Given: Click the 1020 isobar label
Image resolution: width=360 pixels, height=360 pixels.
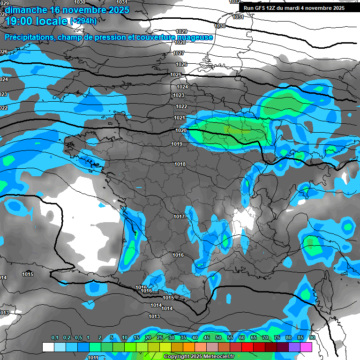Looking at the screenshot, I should click(181, 130).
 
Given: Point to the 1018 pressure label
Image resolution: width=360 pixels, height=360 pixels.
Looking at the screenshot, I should click(180, 164).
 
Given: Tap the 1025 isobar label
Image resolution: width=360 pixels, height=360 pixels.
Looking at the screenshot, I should click(176, 75).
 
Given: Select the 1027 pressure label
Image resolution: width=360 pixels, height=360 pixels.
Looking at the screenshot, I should click(178, 53).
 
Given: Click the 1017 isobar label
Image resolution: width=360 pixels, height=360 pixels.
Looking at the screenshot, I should click(179, 217).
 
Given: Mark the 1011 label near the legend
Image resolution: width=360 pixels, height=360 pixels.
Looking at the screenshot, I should click(93, 357).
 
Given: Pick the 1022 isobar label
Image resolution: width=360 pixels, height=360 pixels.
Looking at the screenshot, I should click(181, 107).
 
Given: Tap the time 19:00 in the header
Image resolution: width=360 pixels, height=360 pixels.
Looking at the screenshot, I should click(20, 21).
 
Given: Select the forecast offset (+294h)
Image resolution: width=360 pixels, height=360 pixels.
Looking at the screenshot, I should click(83, 21).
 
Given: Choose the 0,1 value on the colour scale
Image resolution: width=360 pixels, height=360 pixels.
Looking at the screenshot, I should click(54, 338).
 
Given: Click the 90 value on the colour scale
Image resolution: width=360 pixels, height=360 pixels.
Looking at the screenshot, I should click(312, 338).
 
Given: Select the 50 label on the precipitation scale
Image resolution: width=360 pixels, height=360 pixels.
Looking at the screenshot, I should click(218, 338).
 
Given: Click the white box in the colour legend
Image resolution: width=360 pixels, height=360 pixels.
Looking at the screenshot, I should click(48, 347).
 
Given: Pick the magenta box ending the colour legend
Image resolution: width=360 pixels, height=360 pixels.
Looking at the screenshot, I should click(306, 347).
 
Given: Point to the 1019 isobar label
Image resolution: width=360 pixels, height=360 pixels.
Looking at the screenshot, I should click(177, 144).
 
